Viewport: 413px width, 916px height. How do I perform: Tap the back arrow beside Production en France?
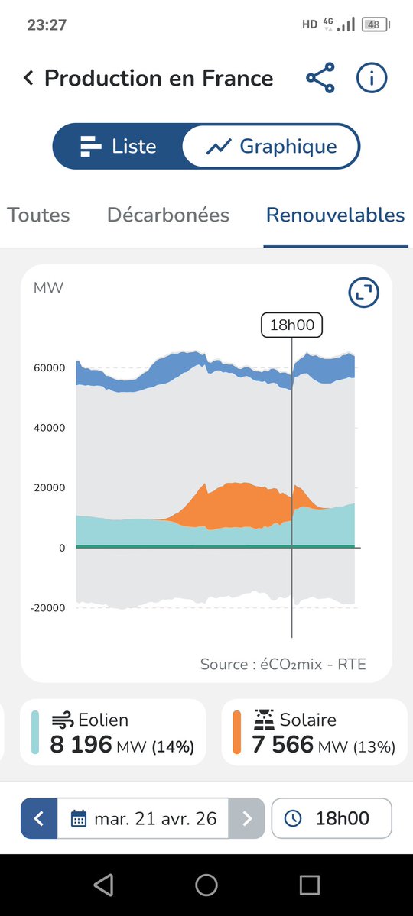pyautogui.click(x=28, y=78)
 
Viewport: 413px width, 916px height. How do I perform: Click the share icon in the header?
pyautogui.click(x=320, y=78)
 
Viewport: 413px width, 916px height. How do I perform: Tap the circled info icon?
pyautogui.click(x=372, y=78)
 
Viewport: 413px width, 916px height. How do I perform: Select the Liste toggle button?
pyautogui.click(x=118, y=146)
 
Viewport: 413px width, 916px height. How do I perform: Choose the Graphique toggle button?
pyautogui.click(x=272, y=146)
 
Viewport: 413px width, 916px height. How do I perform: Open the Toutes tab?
pyautogui.click(x=38, y=215)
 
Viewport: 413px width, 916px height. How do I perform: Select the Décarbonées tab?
pyautogui.click(x=168, y=215)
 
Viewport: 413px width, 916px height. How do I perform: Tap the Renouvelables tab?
pyautogui.click(x=335, y=215)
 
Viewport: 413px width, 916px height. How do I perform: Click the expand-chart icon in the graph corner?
pyautogui.click(x=363, y=293)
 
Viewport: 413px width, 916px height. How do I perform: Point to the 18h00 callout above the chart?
pyautogui.click(x=292, y=325)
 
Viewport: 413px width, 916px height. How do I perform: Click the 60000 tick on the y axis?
pyautogui.click(x=49, y=368)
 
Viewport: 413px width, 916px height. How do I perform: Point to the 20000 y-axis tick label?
pyautogui.click(x=49, y=488)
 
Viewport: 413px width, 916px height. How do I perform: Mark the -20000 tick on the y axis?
pyautogui.click(x=47, y=608)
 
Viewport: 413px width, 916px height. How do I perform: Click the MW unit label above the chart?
pyautogui.click(x=48, y=288)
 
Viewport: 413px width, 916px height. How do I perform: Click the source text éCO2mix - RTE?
pyautogui.click(x=283, y=664)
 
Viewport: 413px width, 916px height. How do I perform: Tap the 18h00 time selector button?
pyautogui.click(x=331, y=819)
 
